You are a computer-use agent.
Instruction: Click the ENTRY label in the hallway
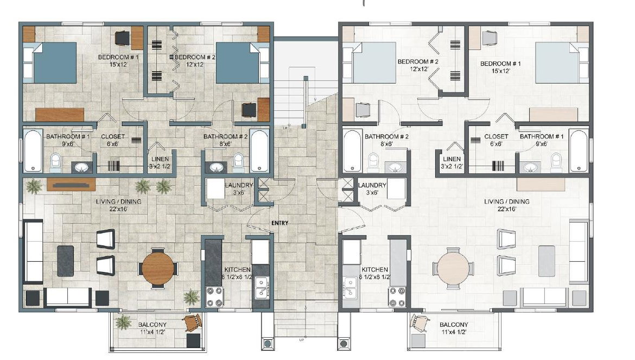[x=280, y=223]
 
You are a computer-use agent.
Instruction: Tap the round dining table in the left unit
[x=158, y=268]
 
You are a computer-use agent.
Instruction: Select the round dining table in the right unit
[x=453, y=268]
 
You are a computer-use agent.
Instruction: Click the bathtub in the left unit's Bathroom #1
[x=33, y=150]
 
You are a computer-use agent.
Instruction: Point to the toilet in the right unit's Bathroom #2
[x=373, y=162]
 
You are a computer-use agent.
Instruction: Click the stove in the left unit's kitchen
[x=214, y=297]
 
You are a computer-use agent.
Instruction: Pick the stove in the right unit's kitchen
[x=397, y=297]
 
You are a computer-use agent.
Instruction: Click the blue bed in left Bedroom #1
[x=55, y=63]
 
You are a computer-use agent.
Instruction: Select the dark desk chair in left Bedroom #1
[x=122, y=39]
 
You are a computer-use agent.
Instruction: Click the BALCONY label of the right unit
[x=454, y=325]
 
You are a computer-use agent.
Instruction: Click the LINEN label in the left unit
[x=160, y=159]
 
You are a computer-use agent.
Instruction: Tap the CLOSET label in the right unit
[x=496, y=137]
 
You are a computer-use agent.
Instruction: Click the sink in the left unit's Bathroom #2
[x=217, y=167]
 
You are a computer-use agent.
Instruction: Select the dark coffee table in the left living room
[x=65, y=261]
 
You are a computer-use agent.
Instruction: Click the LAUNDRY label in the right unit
[x=372, y=186]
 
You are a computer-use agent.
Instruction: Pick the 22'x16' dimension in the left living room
[x=118, y=209]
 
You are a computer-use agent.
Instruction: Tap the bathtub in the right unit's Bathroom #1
[x=579, y=150]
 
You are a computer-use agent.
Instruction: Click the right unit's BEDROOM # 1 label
[x=500, y=64]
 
